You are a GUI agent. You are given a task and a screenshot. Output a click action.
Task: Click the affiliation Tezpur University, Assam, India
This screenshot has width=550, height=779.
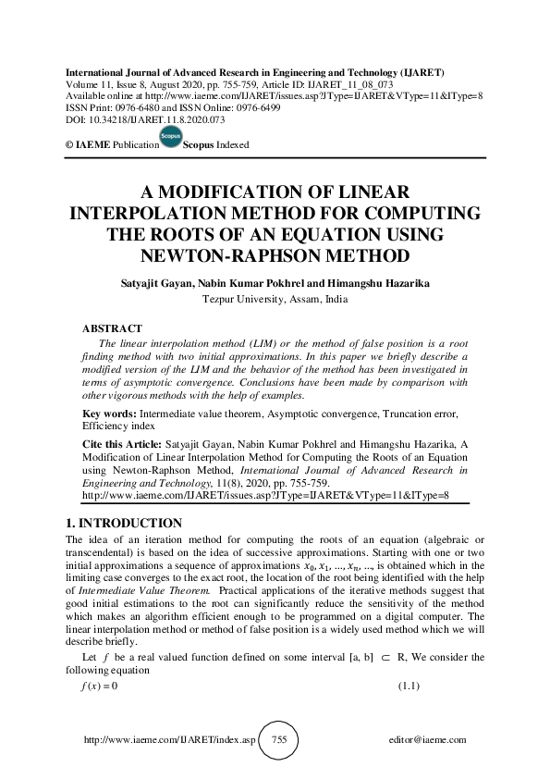point(275,299)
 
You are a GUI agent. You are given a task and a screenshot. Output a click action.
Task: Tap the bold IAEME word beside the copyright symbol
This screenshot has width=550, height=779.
point(92,145)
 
